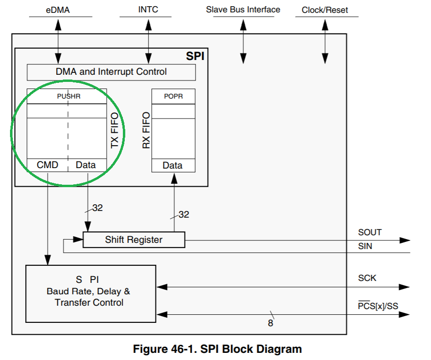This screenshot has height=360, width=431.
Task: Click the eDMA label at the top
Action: point(58,10)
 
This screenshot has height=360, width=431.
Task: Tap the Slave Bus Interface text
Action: point(243,10)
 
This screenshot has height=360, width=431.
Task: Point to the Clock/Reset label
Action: point(325,10)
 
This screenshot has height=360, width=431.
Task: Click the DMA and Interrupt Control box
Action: point(111,72)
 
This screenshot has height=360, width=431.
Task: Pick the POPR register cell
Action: point(173,96)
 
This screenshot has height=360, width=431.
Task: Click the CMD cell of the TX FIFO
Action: point(48,165)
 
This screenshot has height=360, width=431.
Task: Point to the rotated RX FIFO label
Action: point(146,130)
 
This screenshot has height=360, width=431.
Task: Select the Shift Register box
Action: point(133,240)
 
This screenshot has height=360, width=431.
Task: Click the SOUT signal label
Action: point(370,232)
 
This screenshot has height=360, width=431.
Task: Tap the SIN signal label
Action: point(365,246)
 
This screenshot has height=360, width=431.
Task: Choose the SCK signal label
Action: point(367,278)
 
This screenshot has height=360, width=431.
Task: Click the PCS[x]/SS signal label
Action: point(378,306)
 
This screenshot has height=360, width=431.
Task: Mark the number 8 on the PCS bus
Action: point(271,323)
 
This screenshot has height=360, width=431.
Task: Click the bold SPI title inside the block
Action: point(195,56)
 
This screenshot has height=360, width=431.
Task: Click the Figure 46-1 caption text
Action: point(217,349)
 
